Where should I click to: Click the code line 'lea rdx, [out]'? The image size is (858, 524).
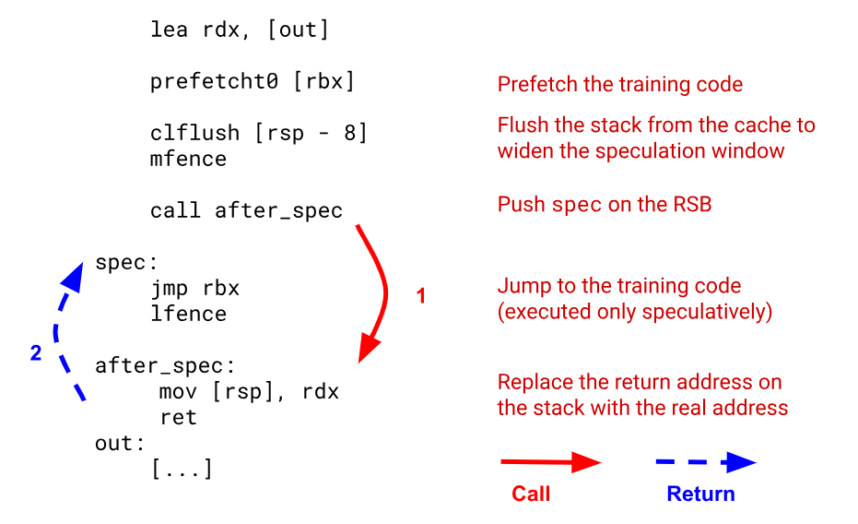240,30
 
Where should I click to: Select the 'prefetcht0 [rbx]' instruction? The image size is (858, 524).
253,81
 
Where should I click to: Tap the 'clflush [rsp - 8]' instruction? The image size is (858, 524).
259,134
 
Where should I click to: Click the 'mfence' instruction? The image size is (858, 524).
188,159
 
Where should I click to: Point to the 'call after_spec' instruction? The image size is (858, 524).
246,210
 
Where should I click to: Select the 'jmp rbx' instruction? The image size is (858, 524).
194,289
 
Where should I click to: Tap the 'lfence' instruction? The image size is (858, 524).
188,314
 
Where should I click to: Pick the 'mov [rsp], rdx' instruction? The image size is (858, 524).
249,391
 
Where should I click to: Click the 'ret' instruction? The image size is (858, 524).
178,417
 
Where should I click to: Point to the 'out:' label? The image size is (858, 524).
121,443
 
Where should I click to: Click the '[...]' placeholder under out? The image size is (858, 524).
182,469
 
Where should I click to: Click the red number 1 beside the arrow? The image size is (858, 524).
421,297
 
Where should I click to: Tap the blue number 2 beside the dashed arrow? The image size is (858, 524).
36,352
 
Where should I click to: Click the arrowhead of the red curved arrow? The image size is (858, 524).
368,348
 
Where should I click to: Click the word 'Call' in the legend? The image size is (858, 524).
531,494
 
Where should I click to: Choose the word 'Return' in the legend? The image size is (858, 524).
700,494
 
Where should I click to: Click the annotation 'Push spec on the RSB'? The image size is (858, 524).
605,205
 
